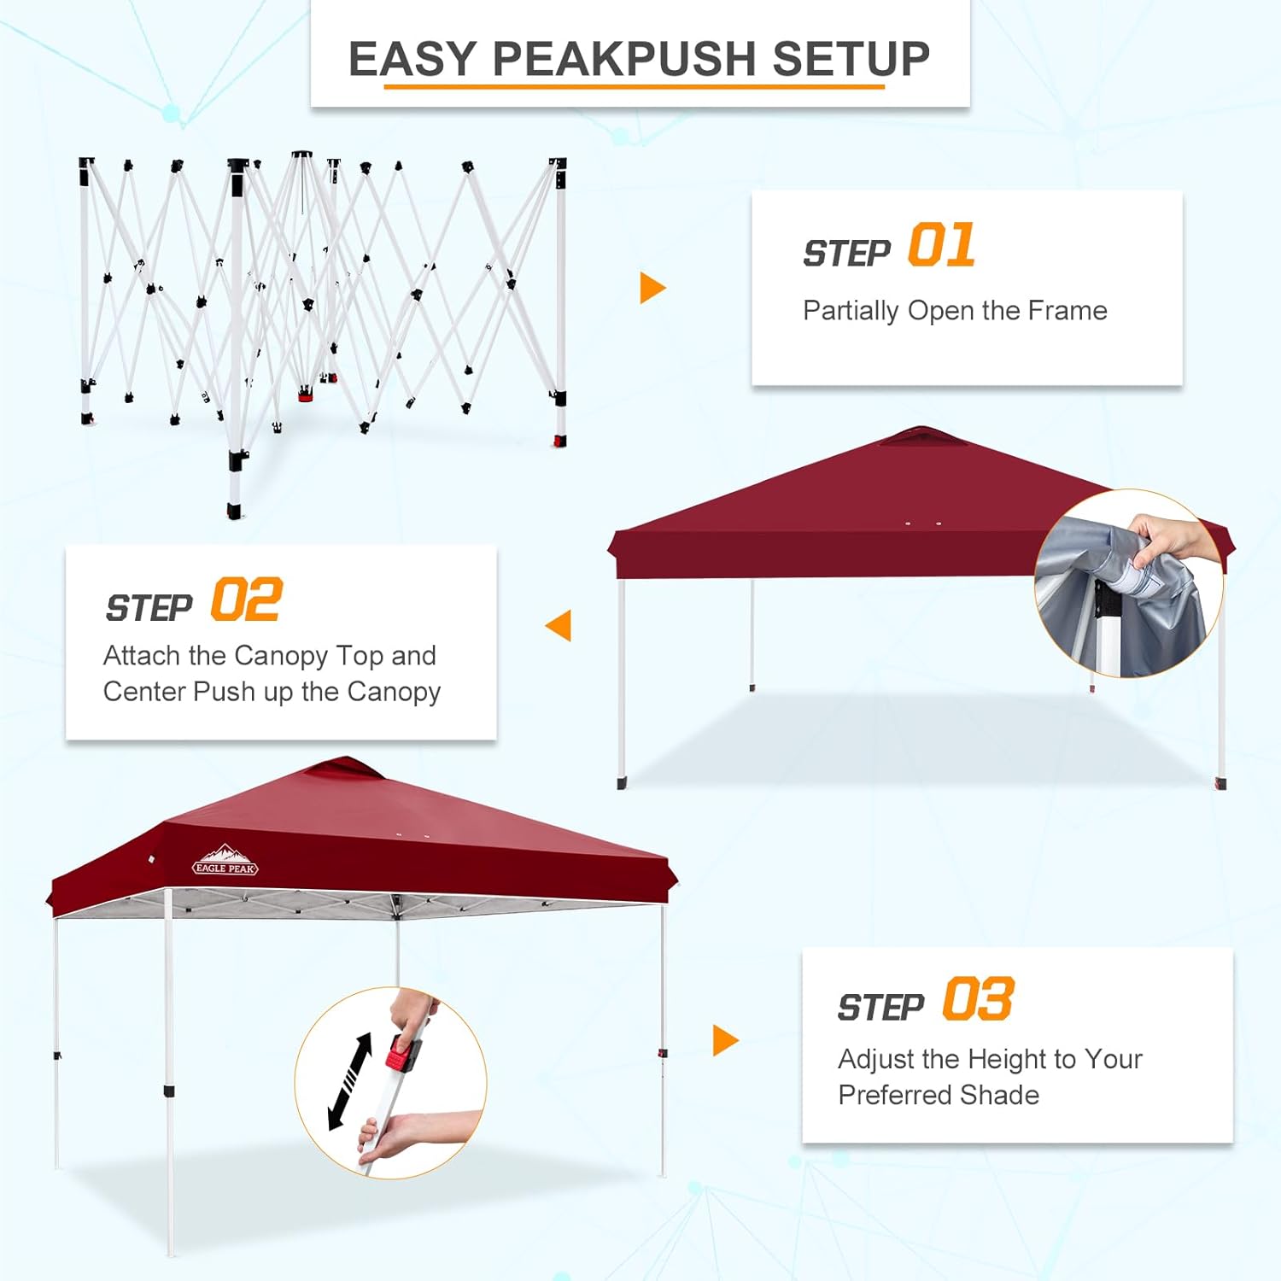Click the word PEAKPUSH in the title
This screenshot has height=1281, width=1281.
pyautogui.click(x=625, y=59)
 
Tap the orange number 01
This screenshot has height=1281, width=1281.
pyautogui.click(x=941, y=245)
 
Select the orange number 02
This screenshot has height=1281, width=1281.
pyautogui.click(x=246, y=600)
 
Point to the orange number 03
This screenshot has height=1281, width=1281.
pyautogui.click(x=979, y=999)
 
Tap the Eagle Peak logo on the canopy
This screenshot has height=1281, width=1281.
pyautogui.click(x=225, y=861)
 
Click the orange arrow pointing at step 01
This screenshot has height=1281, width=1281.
pyautogui.click(x=652, y=288)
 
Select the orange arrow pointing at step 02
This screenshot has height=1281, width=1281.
pyautogui.click(x=559, y=625)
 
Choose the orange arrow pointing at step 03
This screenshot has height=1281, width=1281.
pyautogui.click(x=725, y=1040)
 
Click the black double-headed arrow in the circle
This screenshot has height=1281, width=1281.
pyautogui.click(x=351, y=1081)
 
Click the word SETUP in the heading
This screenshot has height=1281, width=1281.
pyautogui.click(x=851, y=59)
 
